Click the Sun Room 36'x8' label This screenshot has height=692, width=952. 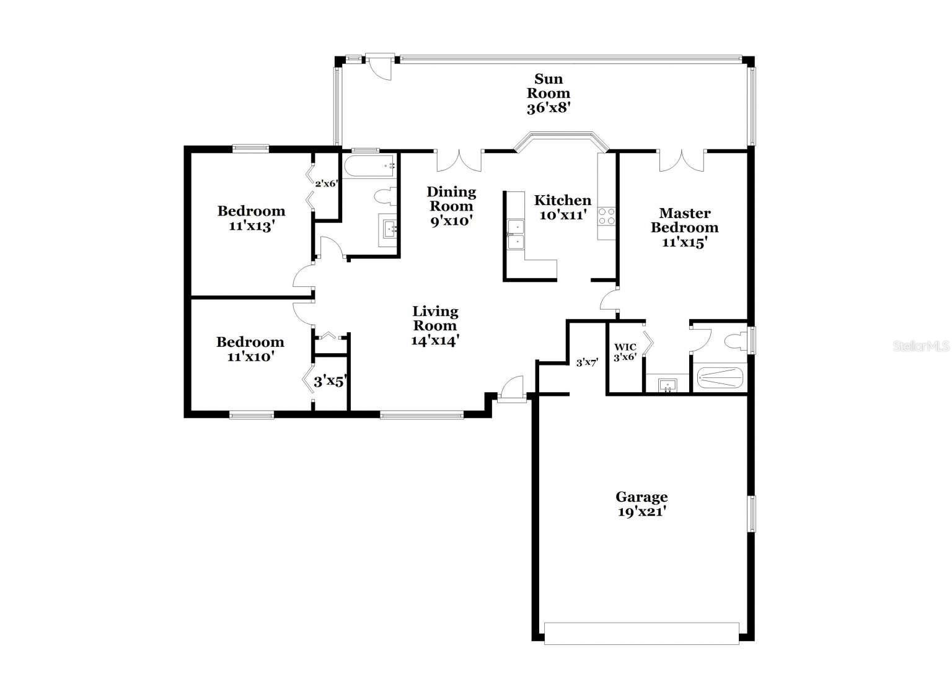(x=548, y=93)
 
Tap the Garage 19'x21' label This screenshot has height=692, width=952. (x=641, y=504)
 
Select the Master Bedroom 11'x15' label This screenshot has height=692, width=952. (x=684, y=227)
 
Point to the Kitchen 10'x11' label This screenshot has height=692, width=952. (x=562, y=208)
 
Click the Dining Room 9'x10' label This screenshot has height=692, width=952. (x=451, y=206)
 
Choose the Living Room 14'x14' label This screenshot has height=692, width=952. (x=435, y=325)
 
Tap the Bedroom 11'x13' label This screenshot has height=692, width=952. (x=251, y=218)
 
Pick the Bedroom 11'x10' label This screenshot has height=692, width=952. (x=250, y=349)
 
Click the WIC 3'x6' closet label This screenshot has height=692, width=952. (x=625, y=352)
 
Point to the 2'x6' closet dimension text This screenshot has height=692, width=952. (x=327, y=183)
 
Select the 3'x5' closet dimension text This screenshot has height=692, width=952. (x=329, y=382)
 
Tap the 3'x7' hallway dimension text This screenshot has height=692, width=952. (x=586, y=362)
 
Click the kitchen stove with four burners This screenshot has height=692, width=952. (x=606, y=216)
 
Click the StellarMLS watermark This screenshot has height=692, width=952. (x=921, y=346)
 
